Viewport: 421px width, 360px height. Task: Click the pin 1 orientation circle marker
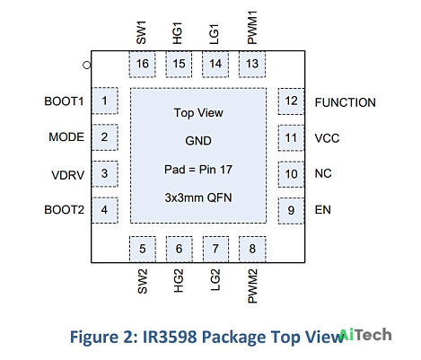[x=87, y=65]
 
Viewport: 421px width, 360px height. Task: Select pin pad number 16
[x=143, y=64]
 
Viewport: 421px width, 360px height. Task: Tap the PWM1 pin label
[x=252, y=28]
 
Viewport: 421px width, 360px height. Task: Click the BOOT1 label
[x=64, y=101]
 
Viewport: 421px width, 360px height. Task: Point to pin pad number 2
[x=104, y=137]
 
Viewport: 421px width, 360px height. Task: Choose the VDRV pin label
[x=68, y=175]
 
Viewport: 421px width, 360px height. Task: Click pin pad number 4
[x=104, y=210]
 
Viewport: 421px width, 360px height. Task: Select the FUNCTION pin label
[x=346, y=102]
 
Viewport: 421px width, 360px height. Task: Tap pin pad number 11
[x=291, y=138]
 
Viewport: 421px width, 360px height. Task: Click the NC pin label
[x=323, y=173]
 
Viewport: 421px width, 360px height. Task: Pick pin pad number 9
[x=291, y=211]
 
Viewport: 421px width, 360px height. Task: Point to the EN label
[x=323, y=210]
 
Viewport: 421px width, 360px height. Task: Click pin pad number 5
[x=143, y=249]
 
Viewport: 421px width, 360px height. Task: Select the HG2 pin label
[x=179, y=280]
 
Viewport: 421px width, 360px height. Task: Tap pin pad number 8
[x=252, y=249]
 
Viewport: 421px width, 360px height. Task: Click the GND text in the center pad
[x=198, y=141]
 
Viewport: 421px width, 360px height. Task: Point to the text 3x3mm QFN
[x=198, y=198]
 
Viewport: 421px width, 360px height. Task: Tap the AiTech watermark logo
[x=365, y=335]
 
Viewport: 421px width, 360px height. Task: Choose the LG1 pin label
[x=215, y=34]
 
